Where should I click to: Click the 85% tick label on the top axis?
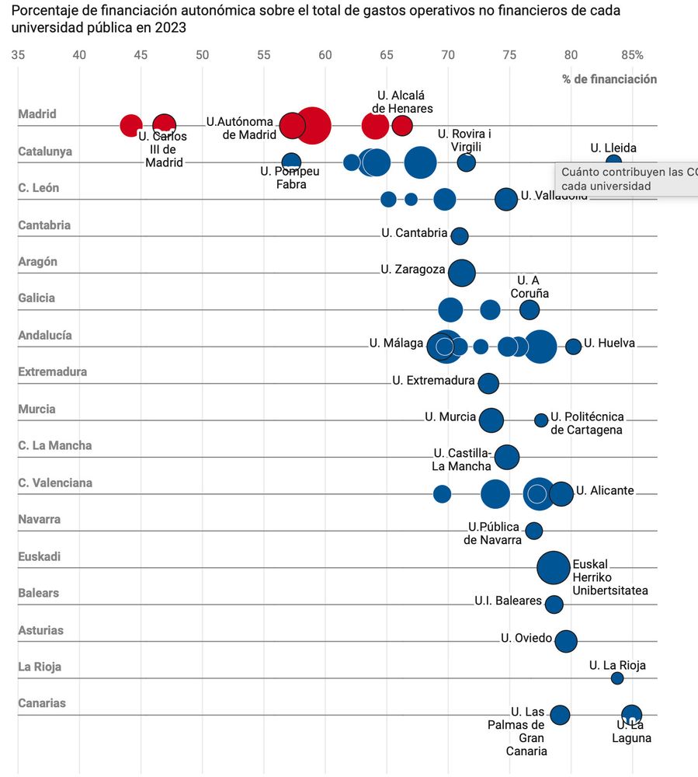[x=632, y=54]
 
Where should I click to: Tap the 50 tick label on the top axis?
[x=202, y=54]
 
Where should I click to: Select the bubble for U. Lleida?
[x=613, y=162]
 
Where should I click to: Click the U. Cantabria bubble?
[x=460, y=235]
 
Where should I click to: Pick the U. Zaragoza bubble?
[x=462, y=273]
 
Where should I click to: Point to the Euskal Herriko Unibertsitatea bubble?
[x=553, y=567]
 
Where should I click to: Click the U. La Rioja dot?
[x=617, y=678]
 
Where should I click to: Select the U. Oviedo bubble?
[x=567, y=641]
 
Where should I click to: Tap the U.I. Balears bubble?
[x=554, y=604]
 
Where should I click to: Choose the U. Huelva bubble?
[x=573, y=347]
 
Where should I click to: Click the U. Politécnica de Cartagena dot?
[x=541, y=420]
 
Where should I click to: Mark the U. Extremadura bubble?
[x=488, y=383]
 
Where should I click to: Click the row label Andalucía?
[x=45, y=335]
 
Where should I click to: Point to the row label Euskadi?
[x=39, y=556]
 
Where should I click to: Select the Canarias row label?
[x=42, y=703]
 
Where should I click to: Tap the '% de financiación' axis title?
[x=609, y=79]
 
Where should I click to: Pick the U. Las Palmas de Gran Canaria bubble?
[x=560, y=715]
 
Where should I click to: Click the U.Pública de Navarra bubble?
[x=534, y=531]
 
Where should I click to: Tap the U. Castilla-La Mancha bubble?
[x=506, y=457]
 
